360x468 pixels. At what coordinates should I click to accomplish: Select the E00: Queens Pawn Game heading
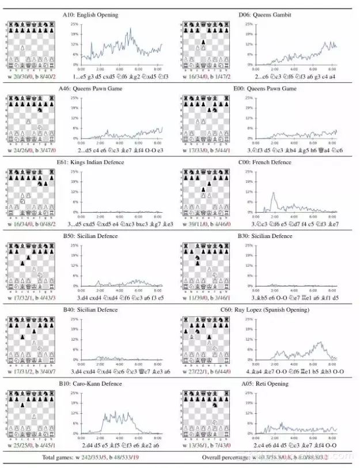click(x=265, y=89)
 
